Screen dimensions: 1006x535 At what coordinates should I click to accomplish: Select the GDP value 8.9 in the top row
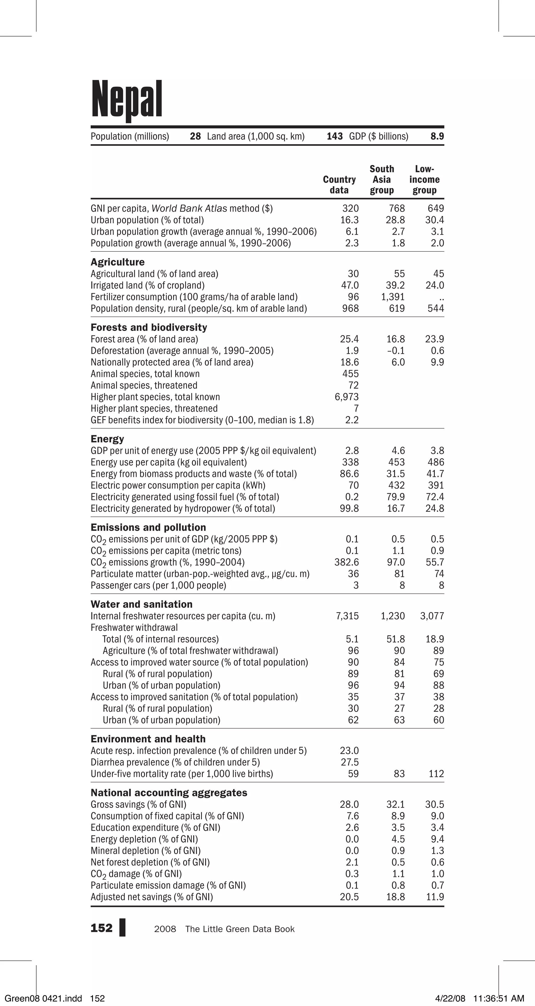437,136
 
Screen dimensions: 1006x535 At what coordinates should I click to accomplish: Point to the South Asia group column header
382,180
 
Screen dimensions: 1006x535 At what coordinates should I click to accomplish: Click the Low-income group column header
424,180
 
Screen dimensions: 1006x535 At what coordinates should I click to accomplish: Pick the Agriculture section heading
118,262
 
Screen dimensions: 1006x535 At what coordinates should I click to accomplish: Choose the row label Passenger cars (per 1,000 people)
158,585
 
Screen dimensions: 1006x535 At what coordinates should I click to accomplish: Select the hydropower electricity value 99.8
349,508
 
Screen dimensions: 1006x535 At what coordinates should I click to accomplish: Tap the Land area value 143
335,136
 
